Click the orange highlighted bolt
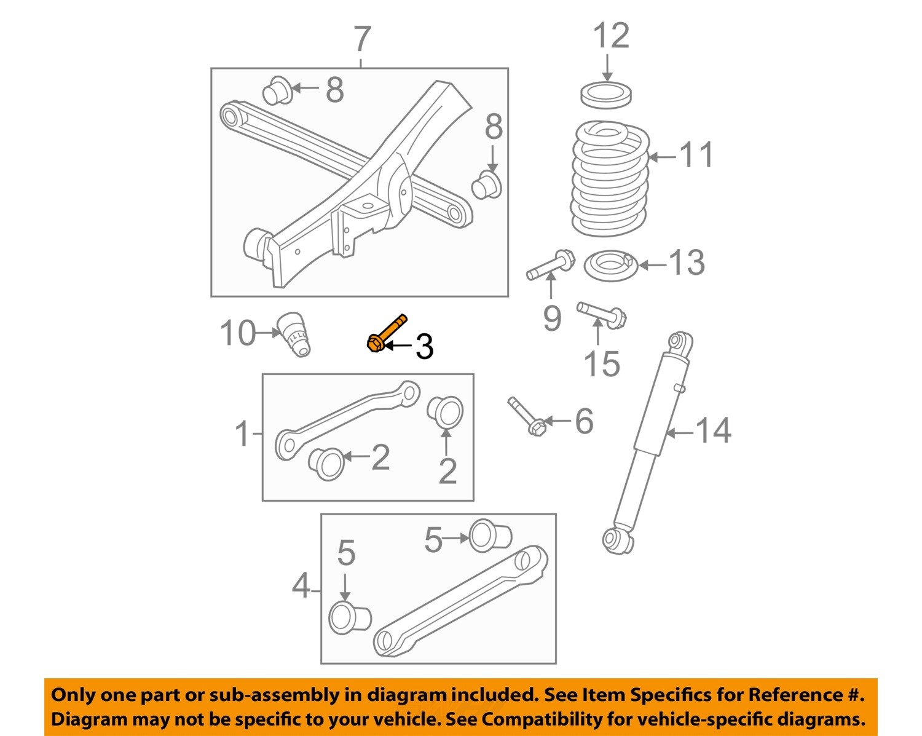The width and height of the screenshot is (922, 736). (x=386, y=333)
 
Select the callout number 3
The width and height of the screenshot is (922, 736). (x=424, y=347)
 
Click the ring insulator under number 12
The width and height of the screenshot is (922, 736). (x=607, y=95)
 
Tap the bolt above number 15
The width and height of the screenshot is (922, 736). (x=601, y=314)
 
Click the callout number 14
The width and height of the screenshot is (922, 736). (x=713, y=430)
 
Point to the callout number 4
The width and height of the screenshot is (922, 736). (x=301, y=586)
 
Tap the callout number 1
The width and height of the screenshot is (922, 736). (x=243, y=434)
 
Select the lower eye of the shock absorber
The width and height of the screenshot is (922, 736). (x=617, y=539)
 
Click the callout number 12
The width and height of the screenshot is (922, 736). (x=611, y=36)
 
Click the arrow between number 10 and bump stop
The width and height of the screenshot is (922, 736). (x=268, y=333)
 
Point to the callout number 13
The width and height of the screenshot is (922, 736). (x=686, y=263)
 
